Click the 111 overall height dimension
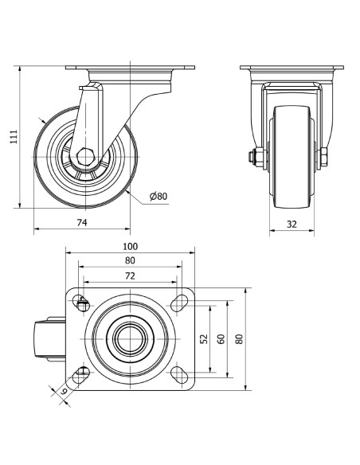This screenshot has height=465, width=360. [x=14, y=137]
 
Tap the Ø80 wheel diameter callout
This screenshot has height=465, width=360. [x=158, y=196]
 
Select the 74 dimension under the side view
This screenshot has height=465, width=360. [x=82, y=222]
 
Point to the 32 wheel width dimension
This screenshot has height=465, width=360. [x=292, y=225]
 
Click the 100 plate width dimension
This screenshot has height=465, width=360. [x=130, y=247]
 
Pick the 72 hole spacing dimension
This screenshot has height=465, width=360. [x=130, y=276]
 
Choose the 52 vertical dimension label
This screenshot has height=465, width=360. [x=205, y=338]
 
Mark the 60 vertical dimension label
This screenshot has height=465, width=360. [x=221, y=338]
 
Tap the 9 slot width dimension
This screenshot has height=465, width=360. [x=63, y=392]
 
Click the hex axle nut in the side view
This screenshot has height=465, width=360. [x=85, y=156]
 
